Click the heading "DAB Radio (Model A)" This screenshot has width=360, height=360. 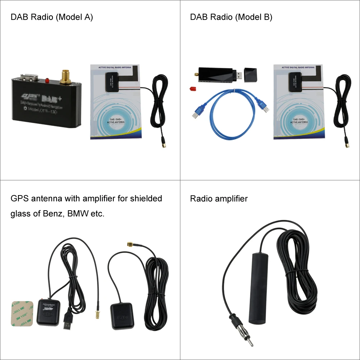(52, 17)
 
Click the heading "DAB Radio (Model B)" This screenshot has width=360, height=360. (231, 17)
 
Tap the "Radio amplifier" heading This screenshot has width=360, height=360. (219, 199)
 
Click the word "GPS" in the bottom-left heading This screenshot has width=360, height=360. (19, 198)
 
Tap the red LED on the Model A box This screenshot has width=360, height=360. (47, 80)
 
